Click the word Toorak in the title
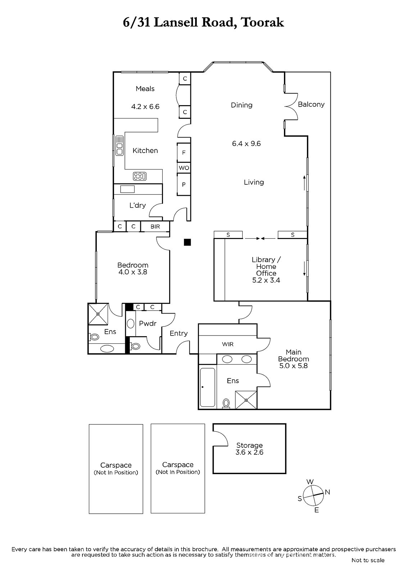tap(263, 22)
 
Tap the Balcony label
tap(311, 104)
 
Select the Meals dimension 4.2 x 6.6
tap(145, 107)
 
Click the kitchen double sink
tap(119, 145)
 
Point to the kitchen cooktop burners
tap(140, 176)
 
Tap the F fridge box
tap(184, 153)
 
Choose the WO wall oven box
tap(184, 168)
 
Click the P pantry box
tap(184, 184)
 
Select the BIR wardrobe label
tap(155, 226)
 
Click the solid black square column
tap(187, 242)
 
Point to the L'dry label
tap(137, 205)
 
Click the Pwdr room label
tap(148, 323)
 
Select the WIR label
tap(228, 344)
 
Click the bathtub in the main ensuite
tap(208, 387)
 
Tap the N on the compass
tap(327, 492)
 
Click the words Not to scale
tap(368, 560)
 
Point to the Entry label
tap(179, 333)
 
